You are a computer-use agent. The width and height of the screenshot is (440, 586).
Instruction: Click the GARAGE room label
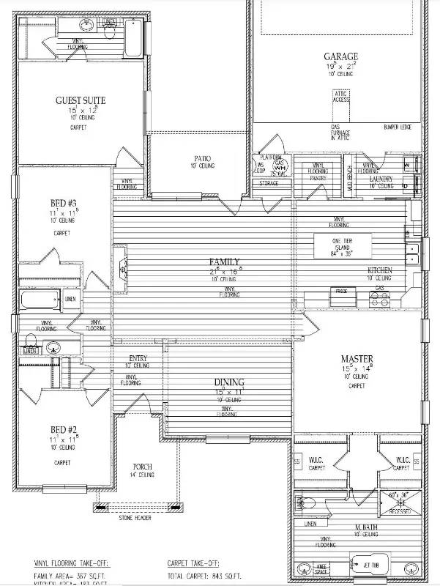[x=341, y=56]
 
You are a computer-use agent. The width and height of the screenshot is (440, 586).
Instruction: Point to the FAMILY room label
[x=224, y=262]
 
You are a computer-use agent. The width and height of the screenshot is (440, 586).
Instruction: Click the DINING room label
[x=229, y=382]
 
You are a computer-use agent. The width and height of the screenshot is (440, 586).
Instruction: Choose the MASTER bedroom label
[x=357, y=359]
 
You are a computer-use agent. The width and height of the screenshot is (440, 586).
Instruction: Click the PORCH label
[x=142, y=467]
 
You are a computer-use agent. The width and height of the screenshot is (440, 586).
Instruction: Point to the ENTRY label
[x=138, y=358]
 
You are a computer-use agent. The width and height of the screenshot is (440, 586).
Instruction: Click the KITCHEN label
[x=379, y=270]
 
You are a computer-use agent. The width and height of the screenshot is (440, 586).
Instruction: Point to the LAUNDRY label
[x=381, y=179]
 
